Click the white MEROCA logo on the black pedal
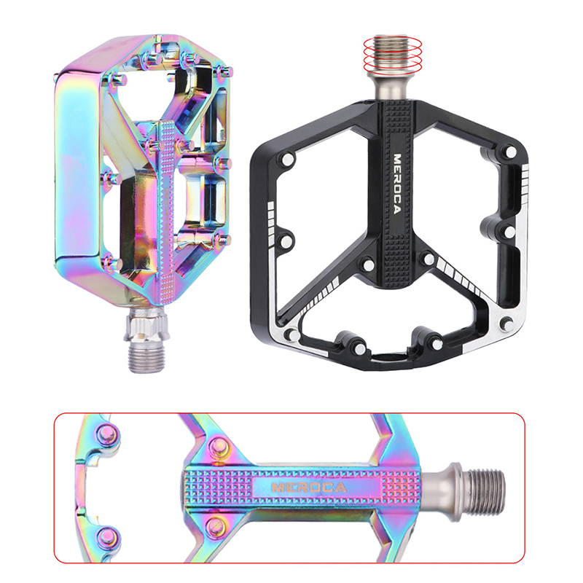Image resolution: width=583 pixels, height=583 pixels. point(397,184)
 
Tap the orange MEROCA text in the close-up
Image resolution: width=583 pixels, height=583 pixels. point(309,488)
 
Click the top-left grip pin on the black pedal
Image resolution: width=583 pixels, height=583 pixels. point(287,159)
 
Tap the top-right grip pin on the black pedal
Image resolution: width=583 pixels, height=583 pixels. point(511,152)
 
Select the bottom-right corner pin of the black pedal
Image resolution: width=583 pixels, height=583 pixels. point(506,324)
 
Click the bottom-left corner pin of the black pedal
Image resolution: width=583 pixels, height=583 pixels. point(294,335)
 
